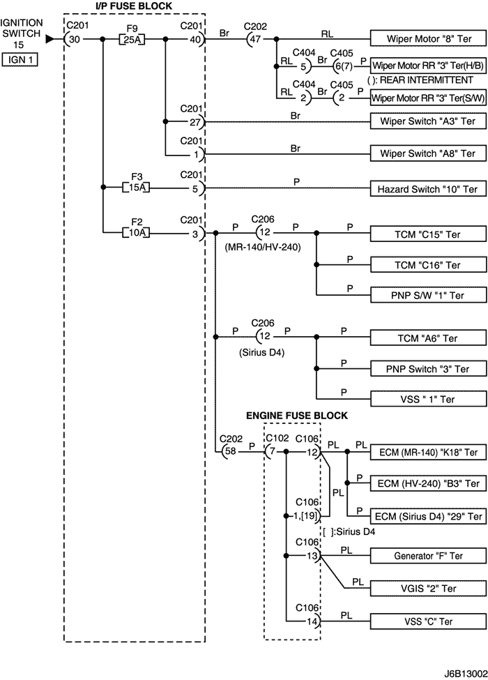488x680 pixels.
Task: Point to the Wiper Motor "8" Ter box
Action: click(x=426, y=39)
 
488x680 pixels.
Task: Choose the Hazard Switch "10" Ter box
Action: click(x=426, y=188)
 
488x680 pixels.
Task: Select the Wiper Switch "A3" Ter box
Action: click(x=426, y=121)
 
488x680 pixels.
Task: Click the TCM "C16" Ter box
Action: click(x=426, y=265)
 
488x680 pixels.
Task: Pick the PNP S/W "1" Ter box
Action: click(x=426, y=296)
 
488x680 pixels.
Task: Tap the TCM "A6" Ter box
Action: click(x=426, y=338)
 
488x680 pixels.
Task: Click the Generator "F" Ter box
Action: click(x=426, y=556)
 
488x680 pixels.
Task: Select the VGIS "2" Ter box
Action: click(x=426, y=589)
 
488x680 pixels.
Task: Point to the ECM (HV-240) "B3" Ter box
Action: click(x=426, y=483)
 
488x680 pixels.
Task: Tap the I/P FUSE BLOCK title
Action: click(x=133, y=6)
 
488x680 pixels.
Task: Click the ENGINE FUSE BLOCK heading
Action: click(x=297, y=416)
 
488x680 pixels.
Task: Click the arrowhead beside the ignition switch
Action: click(x=49, y=39)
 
